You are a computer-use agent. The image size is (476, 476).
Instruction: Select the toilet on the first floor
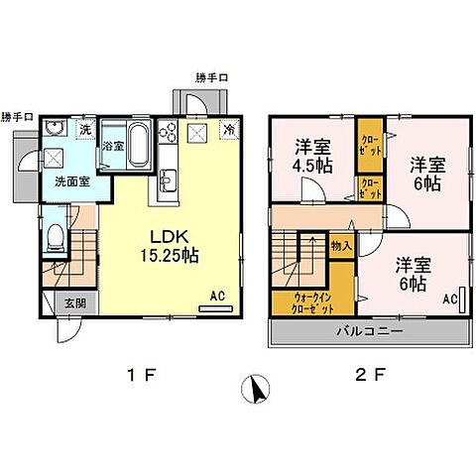(57, 237)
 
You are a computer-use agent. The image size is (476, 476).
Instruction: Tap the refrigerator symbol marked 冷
(229, 130)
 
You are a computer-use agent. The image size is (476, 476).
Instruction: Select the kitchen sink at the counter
(165, 180)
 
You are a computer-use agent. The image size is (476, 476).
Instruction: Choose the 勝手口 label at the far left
(18, 117)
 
